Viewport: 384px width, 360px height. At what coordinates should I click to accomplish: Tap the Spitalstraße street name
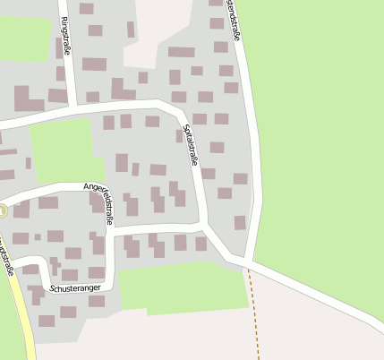[x=191, y=145]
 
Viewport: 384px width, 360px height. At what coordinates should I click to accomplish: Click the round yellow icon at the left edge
[x=2, y=211]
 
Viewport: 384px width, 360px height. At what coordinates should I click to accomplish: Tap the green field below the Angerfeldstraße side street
[x=179, y=287]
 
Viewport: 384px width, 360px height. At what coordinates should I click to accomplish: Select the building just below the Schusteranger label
[x=68, y=311]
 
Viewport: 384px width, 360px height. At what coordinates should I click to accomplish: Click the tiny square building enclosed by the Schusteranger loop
[x=38, y=237]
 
